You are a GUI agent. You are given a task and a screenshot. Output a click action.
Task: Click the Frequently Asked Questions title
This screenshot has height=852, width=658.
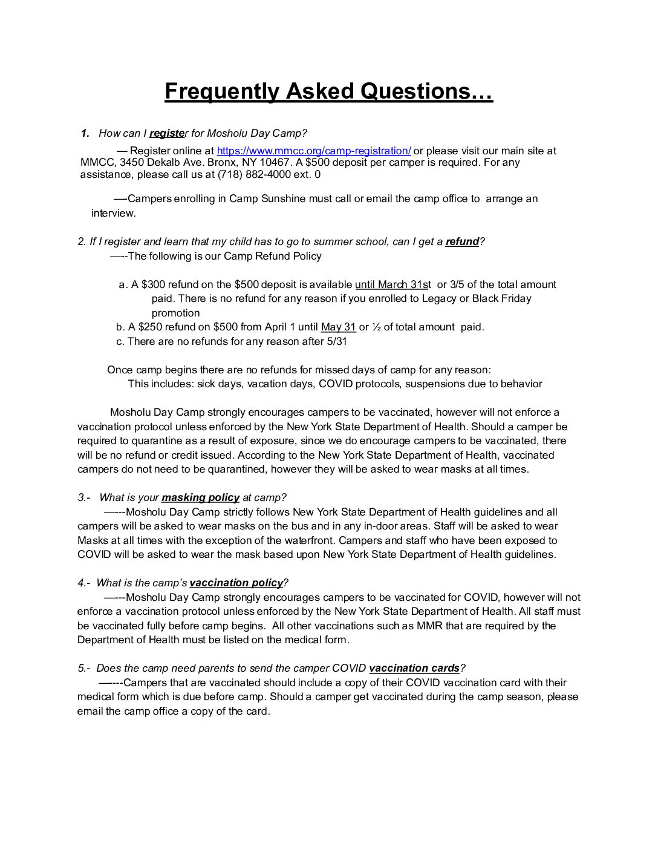(x=328, y=91)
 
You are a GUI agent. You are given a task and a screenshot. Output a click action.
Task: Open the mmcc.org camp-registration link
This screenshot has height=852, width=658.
(x=314, y=151)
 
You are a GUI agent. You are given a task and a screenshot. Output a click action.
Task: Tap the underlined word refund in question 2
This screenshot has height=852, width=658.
(x=462, y=242)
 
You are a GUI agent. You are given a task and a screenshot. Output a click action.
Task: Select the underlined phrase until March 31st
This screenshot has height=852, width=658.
(x=393, y=285)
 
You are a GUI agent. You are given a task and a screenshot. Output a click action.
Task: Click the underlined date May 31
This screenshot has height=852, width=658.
(x=338, y=327)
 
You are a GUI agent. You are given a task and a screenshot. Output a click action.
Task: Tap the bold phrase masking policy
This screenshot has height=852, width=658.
(x=200, y=498)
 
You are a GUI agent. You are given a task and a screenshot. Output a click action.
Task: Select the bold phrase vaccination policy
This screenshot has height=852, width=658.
(x=236, y=583)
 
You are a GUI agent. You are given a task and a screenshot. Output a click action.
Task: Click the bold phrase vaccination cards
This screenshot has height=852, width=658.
(x=414, y=669)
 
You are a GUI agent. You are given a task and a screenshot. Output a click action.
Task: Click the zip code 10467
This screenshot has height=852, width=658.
(x=277, y=163)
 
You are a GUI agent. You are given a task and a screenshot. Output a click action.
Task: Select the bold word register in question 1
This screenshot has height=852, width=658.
(x=167, y=134)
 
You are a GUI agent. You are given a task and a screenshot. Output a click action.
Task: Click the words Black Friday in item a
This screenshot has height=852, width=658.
(x=501, y=299)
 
